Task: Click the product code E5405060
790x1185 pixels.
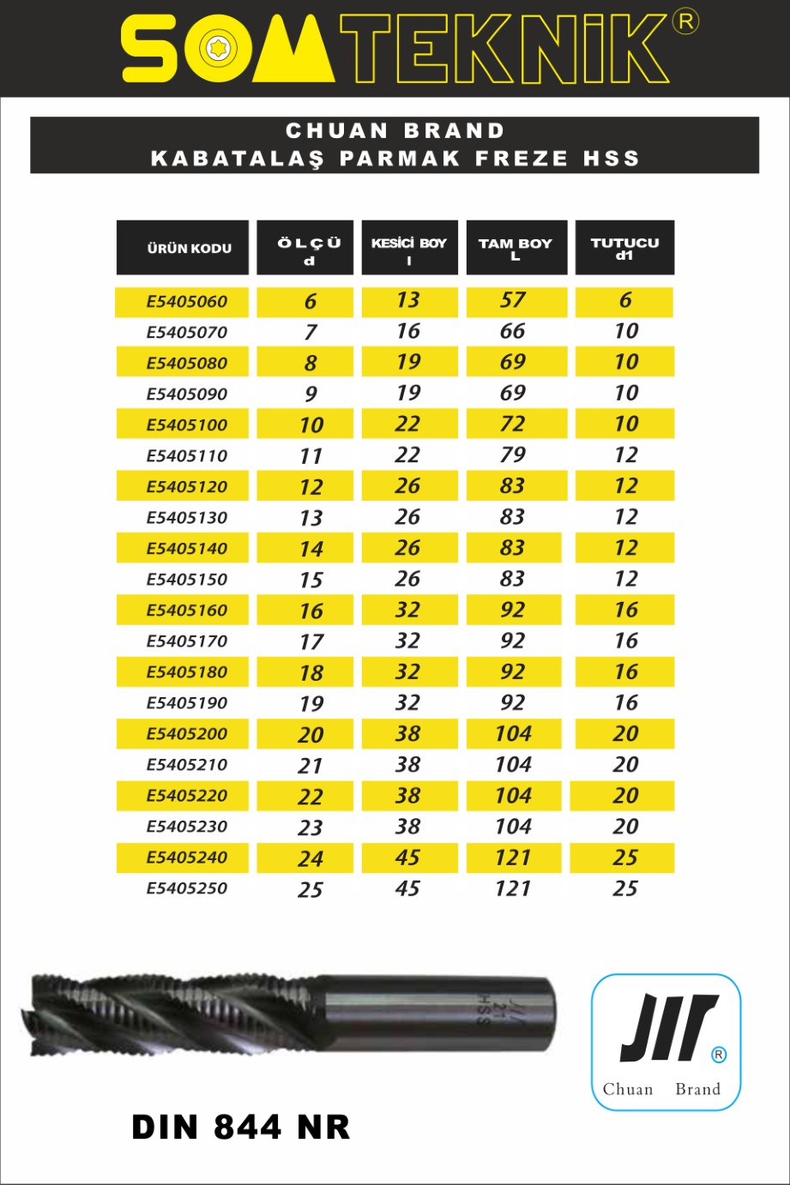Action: point(186,302)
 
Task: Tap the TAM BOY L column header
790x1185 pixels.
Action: point(516,248)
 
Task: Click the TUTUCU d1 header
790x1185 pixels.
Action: point(624,248)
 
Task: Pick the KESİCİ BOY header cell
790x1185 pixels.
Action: point(408,248)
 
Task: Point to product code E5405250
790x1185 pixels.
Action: point(186,888)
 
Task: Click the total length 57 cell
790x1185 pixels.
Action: point(513,301)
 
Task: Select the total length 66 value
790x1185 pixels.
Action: point(513,332)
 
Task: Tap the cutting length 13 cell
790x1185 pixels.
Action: point(408,301)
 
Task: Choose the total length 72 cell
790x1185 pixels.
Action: point(513,424)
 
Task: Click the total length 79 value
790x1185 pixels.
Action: point(513,455)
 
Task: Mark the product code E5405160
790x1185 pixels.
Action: point(186,611)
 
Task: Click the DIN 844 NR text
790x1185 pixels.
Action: point(241,1128)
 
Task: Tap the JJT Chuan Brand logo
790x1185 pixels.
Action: point(666,1042)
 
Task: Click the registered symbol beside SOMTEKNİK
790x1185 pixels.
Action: point(685,21)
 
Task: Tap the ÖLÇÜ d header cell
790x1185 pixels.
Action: point(309,248)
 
